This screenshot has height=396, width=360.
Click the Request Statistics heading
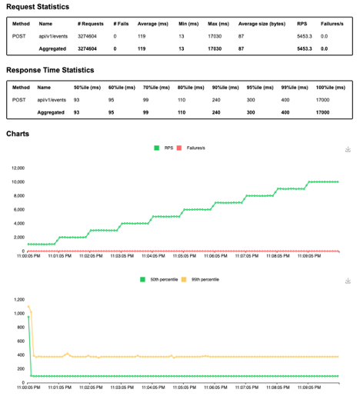(38, 7)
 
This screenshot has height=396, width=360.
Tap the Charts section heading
(18, 133)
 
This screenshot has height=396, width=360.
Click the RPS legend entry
(164, 148)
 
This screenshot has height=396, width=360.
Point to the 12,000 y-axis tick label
(16, 167)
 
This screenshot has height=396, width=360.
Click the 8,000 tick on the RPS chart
(18, 195)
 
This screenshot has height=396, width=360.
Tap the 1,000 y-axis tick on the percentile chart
(18, 313)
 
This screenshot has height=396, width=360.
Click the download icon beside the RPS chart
(348, 149)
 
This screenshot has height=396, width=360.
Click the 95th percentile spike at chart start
(29, 307)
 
